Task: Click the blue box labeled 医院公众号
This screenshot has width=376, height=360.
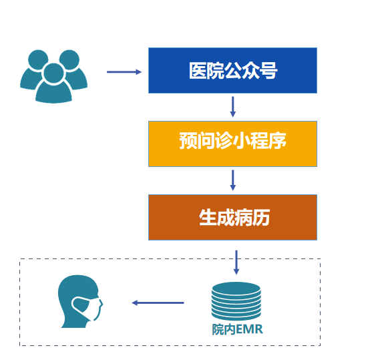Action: tap(232, 70)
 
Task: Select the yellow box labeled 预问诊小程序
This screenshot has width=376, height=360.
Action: tap(232, 144)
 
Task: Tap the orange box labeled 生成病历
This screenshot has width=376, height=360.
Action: tap(232, 217)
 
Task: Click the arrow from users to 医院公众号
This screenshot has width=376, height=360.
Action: tap(124, 71)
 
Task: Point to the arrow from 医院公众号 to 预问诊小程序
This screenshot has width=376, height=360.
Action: tap(232, 107)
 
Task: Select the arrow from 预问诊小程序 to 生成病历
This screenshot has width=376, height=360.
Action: tap(232, 180)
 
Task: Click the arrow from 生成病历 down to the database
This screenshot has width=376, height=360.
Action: tap(236, 262)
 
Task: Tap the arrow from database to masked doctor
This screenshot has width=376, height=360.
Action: tap(158, 303)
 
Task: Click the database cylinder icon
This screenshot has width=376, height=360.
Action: tap(236, 301)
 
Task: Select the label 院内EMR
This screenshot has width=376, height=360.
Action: tap(237, 329)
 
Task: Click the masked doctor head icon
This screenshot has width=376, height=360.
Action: tap(80, 301)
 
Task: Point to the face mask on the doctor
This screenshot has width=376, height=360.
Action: tap(86, 308)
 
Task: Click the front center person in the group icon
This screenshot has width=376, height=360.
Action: tap(53, 83)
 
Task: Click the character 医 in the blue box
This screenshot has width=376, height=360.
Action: tap(198, 71)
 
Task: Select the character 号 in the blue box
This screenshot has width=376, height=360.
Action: tap(268, 71)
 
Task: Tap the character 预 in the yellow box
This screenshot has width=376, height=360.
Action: tap(188, 141)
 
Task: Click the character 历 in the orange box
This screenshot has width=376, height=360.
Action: tap(261, 218)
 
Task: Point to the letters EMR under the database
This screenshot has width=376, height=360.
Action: tap(249, 329)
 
